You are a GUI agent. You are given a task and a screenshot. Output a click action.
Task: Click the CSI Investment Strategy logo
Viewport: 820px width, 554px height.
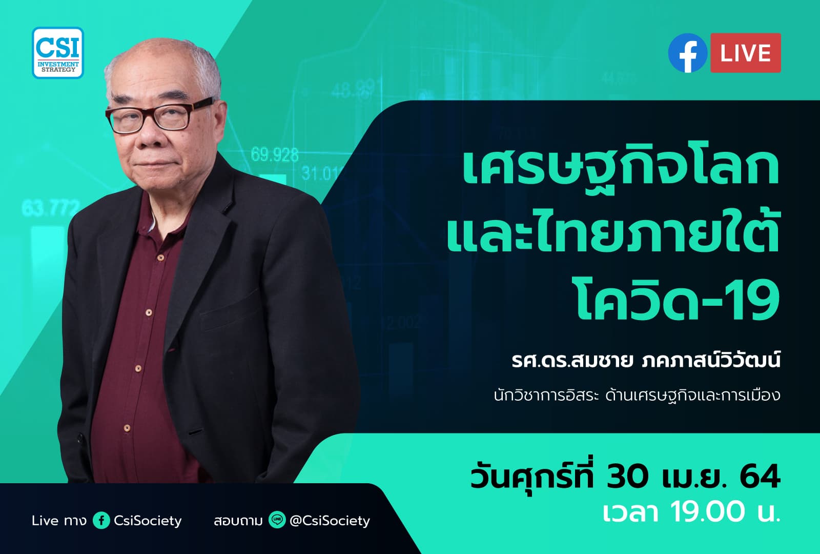[57, 53]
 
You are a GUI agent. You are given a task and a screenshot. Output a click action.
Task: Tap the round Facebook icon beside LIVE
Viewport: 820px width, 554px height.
[687, 53]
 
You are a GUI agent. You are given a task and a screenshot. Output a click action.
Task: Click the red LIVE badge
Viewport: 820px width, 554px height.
[745, 53]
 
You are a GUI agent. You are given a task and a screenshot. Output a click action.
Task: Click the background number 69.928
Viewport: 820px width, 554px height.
[275, 154]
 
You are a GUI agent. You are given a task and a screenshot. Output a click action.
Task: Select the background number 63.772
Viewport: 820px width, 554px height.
[50, 208]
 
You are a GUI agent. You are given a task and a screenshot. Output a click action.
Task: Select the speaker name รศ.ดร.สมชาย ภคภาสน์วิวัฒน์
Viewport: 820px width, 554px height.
[646, 361]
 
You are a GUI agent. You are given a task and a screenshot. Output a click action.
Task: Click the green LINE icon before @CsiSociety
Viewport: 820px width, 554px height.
[277, 521]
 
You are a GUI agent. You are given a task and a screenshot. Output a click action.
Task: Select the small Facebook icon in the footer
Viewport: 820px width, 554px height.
[101, 521]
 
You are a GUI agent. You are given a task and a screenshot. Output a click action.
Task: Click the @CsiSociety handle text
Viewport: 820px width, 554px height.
[330, 521]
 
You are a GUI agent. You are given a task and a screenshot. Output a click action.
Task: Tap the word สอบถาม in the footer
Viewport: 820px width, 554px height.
[238, 521]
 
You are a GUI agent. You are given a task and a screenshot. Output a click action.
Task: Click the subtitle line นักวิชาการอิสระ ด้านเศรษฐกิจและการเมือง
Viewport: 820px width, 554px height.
[637, 395]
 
